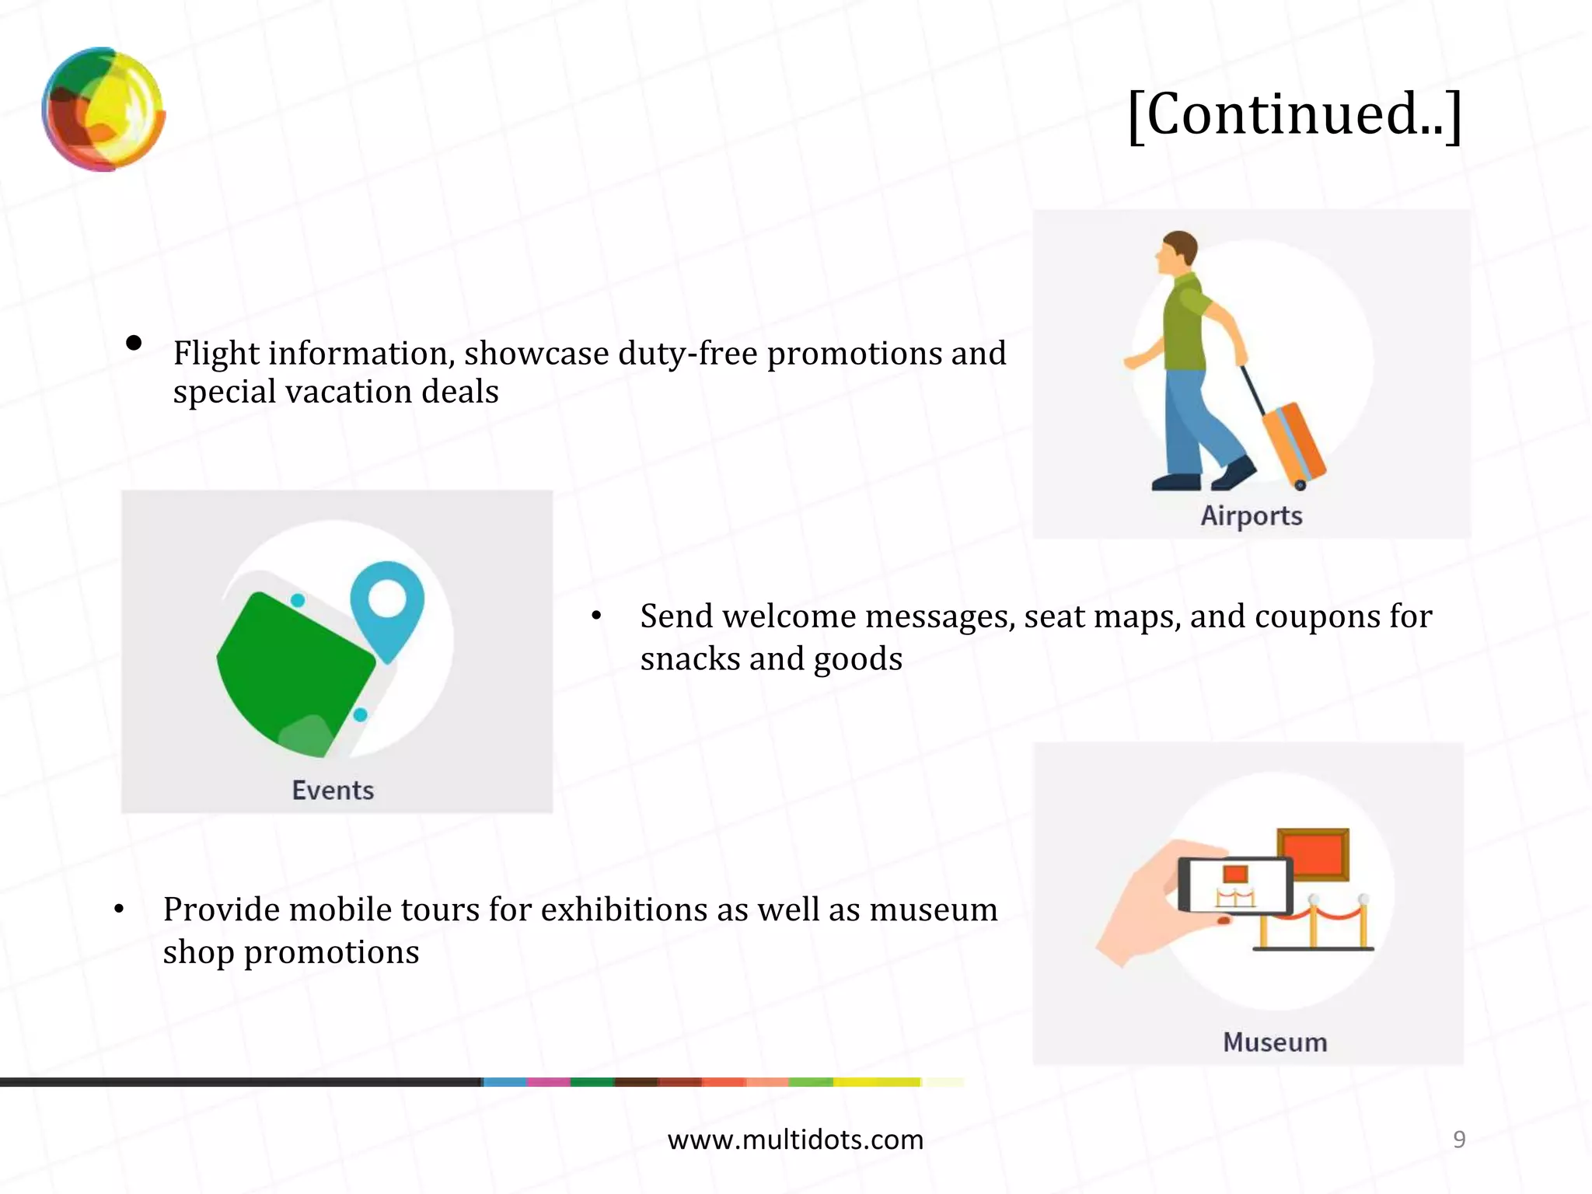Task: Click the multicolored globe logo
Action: (x=103, y=109)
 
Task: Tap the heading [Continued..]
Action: (x=1294, y=114)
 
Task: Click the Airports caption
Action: (x=1251, y=515)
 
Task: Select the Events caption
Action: (x=333, y=790)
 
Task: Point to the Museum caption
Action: (x=1275, y=1042)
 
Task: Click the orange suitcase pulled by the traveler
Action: (x=1292, y=442)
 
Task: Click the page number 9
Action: (x=1459, y=1139)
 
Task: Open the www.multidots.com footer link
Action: (x=795, y=1140)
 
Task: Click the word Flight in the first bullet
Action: (x=216, y=354)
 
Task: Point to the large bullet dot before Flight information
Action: (x=134, y=343)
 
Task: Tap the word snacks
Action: (x=690, y=659)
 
